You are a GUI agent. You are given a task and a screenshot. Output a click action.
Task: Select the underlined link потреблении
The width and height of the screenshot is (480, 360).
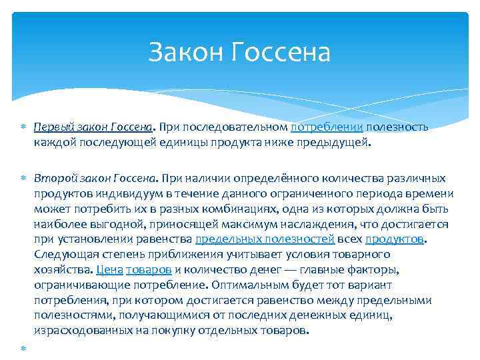tap(327, 127)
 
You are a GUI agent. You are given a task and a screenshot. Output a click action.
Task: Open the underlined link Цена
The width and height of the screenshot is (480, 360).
tap(109, 269)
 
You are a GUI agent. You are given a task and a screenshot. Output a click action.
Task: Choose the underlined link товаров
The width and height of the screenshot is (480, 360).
tap(149, 269)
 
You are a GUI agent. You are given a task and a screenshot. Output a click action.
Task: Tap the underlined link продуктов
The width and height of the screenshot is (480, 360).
tap(394, 239)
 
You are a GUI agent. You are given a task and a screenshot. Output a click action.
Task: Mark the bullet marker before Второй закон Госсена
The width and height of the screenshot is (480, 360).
tap(24, 178)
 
